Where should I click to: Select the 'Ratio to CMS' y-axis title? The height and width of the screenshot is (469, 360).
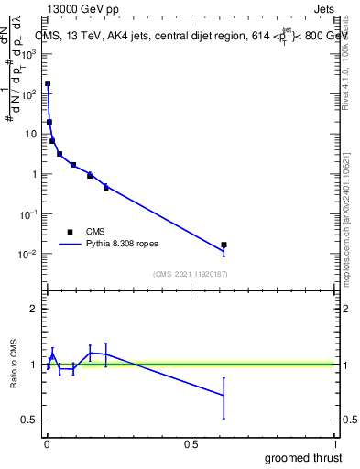point(16,364)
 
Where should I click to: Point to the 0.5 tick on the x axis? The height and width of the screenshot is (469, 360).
point(191,444)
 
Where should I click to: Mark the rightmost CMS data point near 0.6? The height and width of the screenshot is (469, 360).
point(224,245)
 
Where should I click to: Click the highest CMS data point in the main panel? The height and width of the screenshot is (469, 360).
point(48,83)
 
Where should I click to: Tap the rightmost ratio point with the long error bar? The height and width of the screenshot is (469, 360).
point(224,395)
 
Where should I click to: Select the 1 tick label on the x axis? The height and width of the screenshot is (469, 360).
point(336,444)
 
